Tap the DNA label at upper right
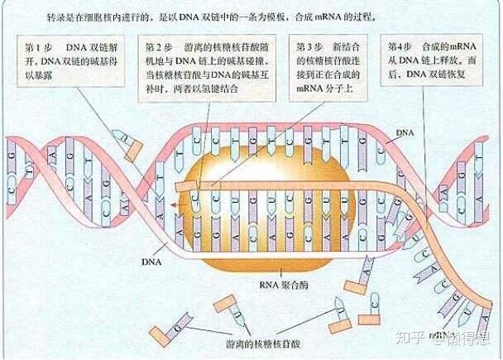click(405, 132)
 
